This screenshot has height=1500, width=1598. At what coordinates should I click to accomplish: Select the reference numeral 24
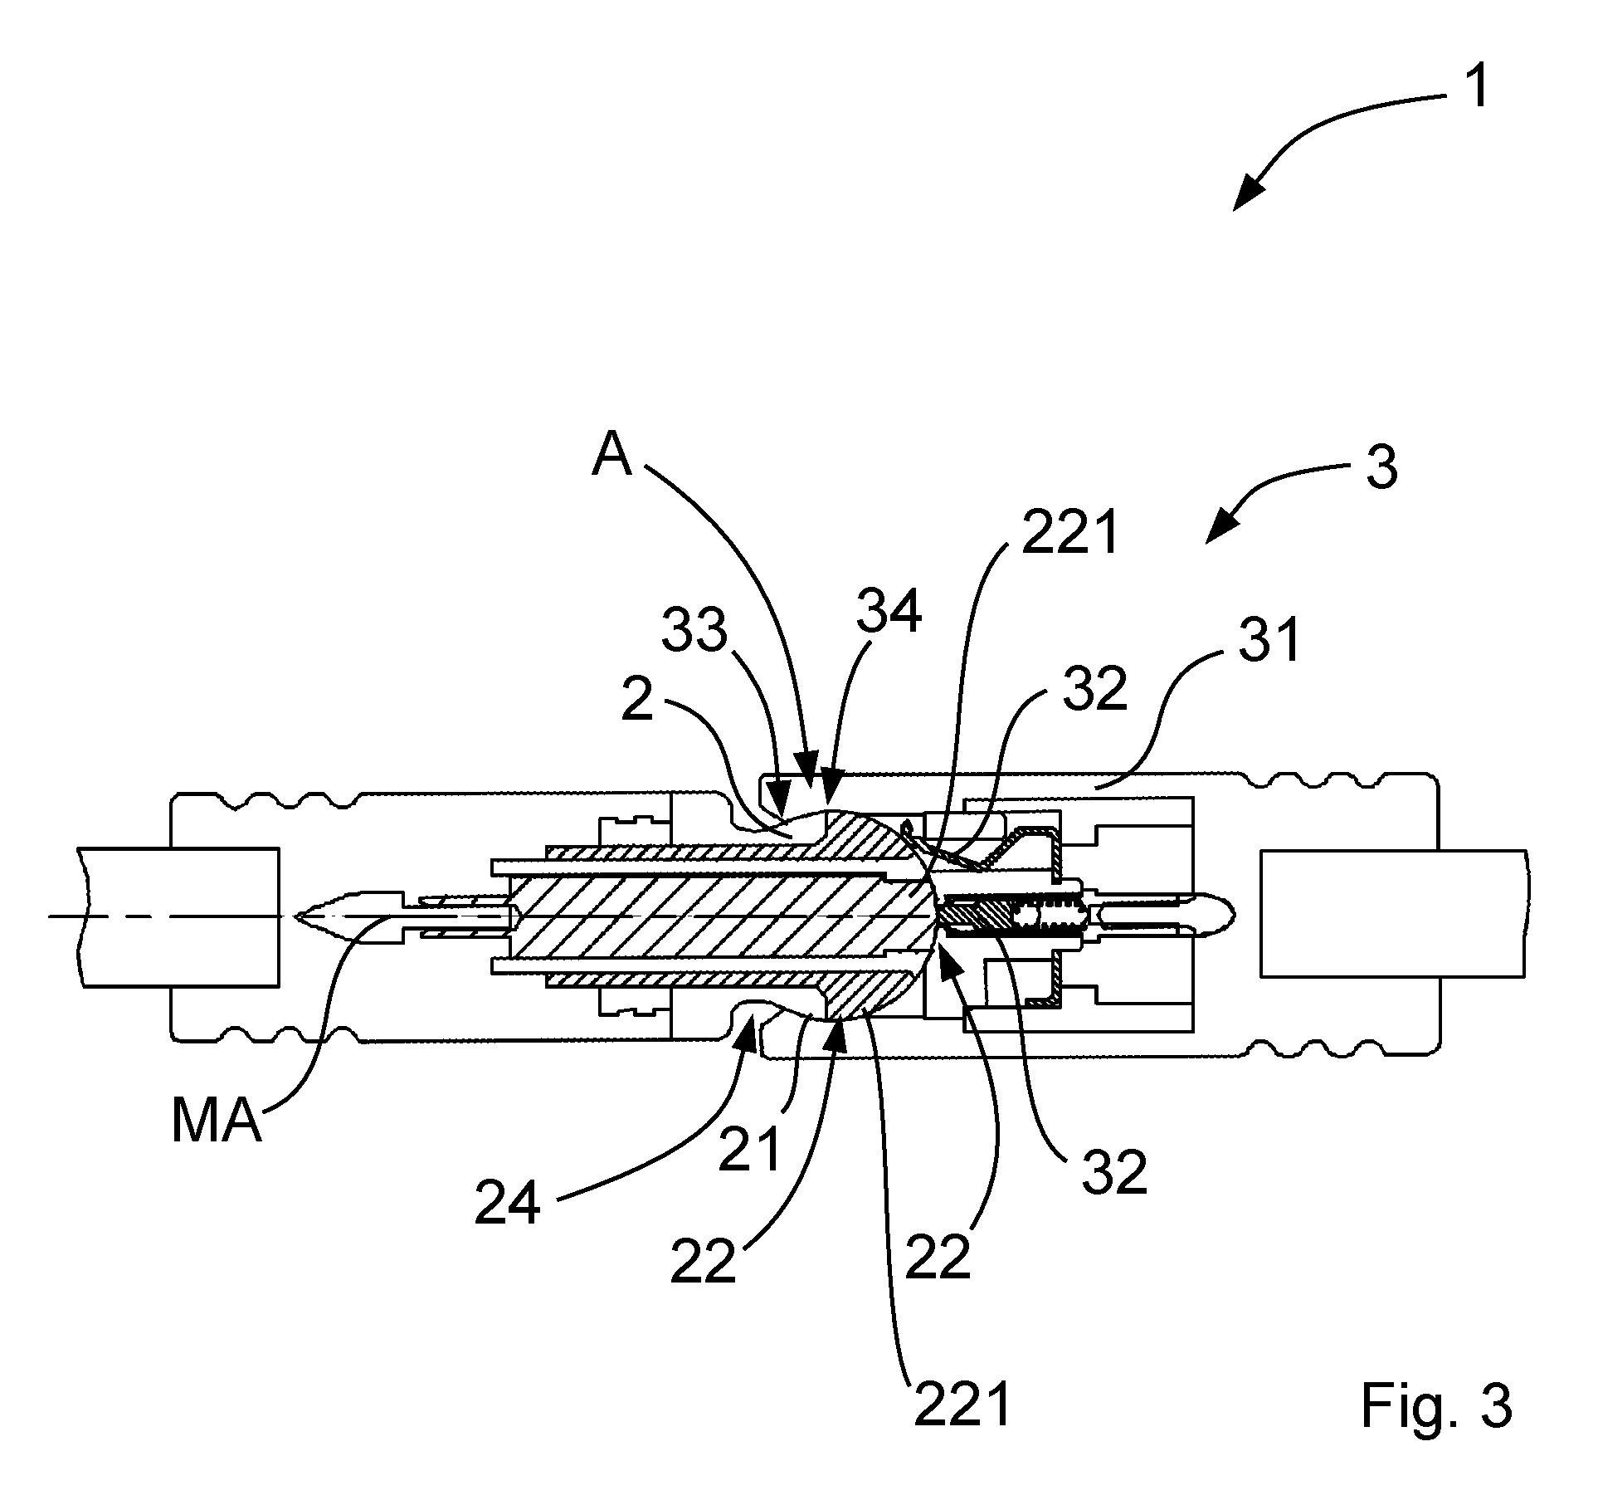pos(508,1204)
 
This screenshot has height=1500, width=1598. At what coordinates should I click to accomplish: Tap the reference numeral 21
pos(750,1151)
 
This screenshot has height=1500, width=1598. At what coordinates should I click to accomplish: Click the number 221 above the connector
pos(1071,534)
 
